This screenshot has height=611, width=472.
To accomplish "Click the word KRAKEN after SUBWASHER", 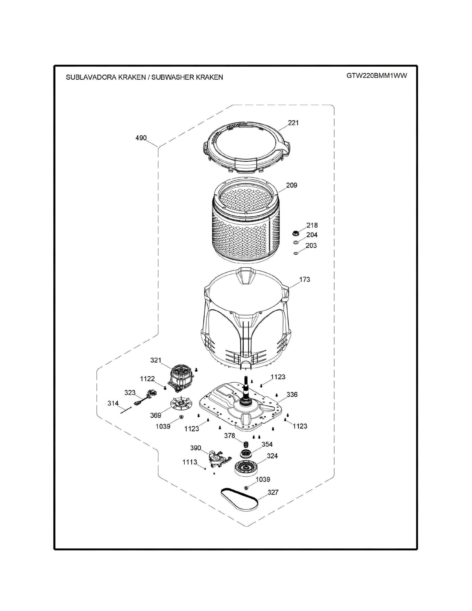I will [x=209, y=77].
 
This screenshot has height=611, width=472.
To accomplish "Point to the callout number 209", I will [x=292, y=185].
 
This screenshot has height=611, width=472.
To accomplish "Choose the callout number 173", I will [x=304, y=279].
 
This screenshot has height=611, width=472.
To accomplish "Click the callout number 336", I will [x=292, y=395].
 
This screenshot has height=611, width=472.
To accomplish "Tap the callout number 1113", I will [x=190, y=462].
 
